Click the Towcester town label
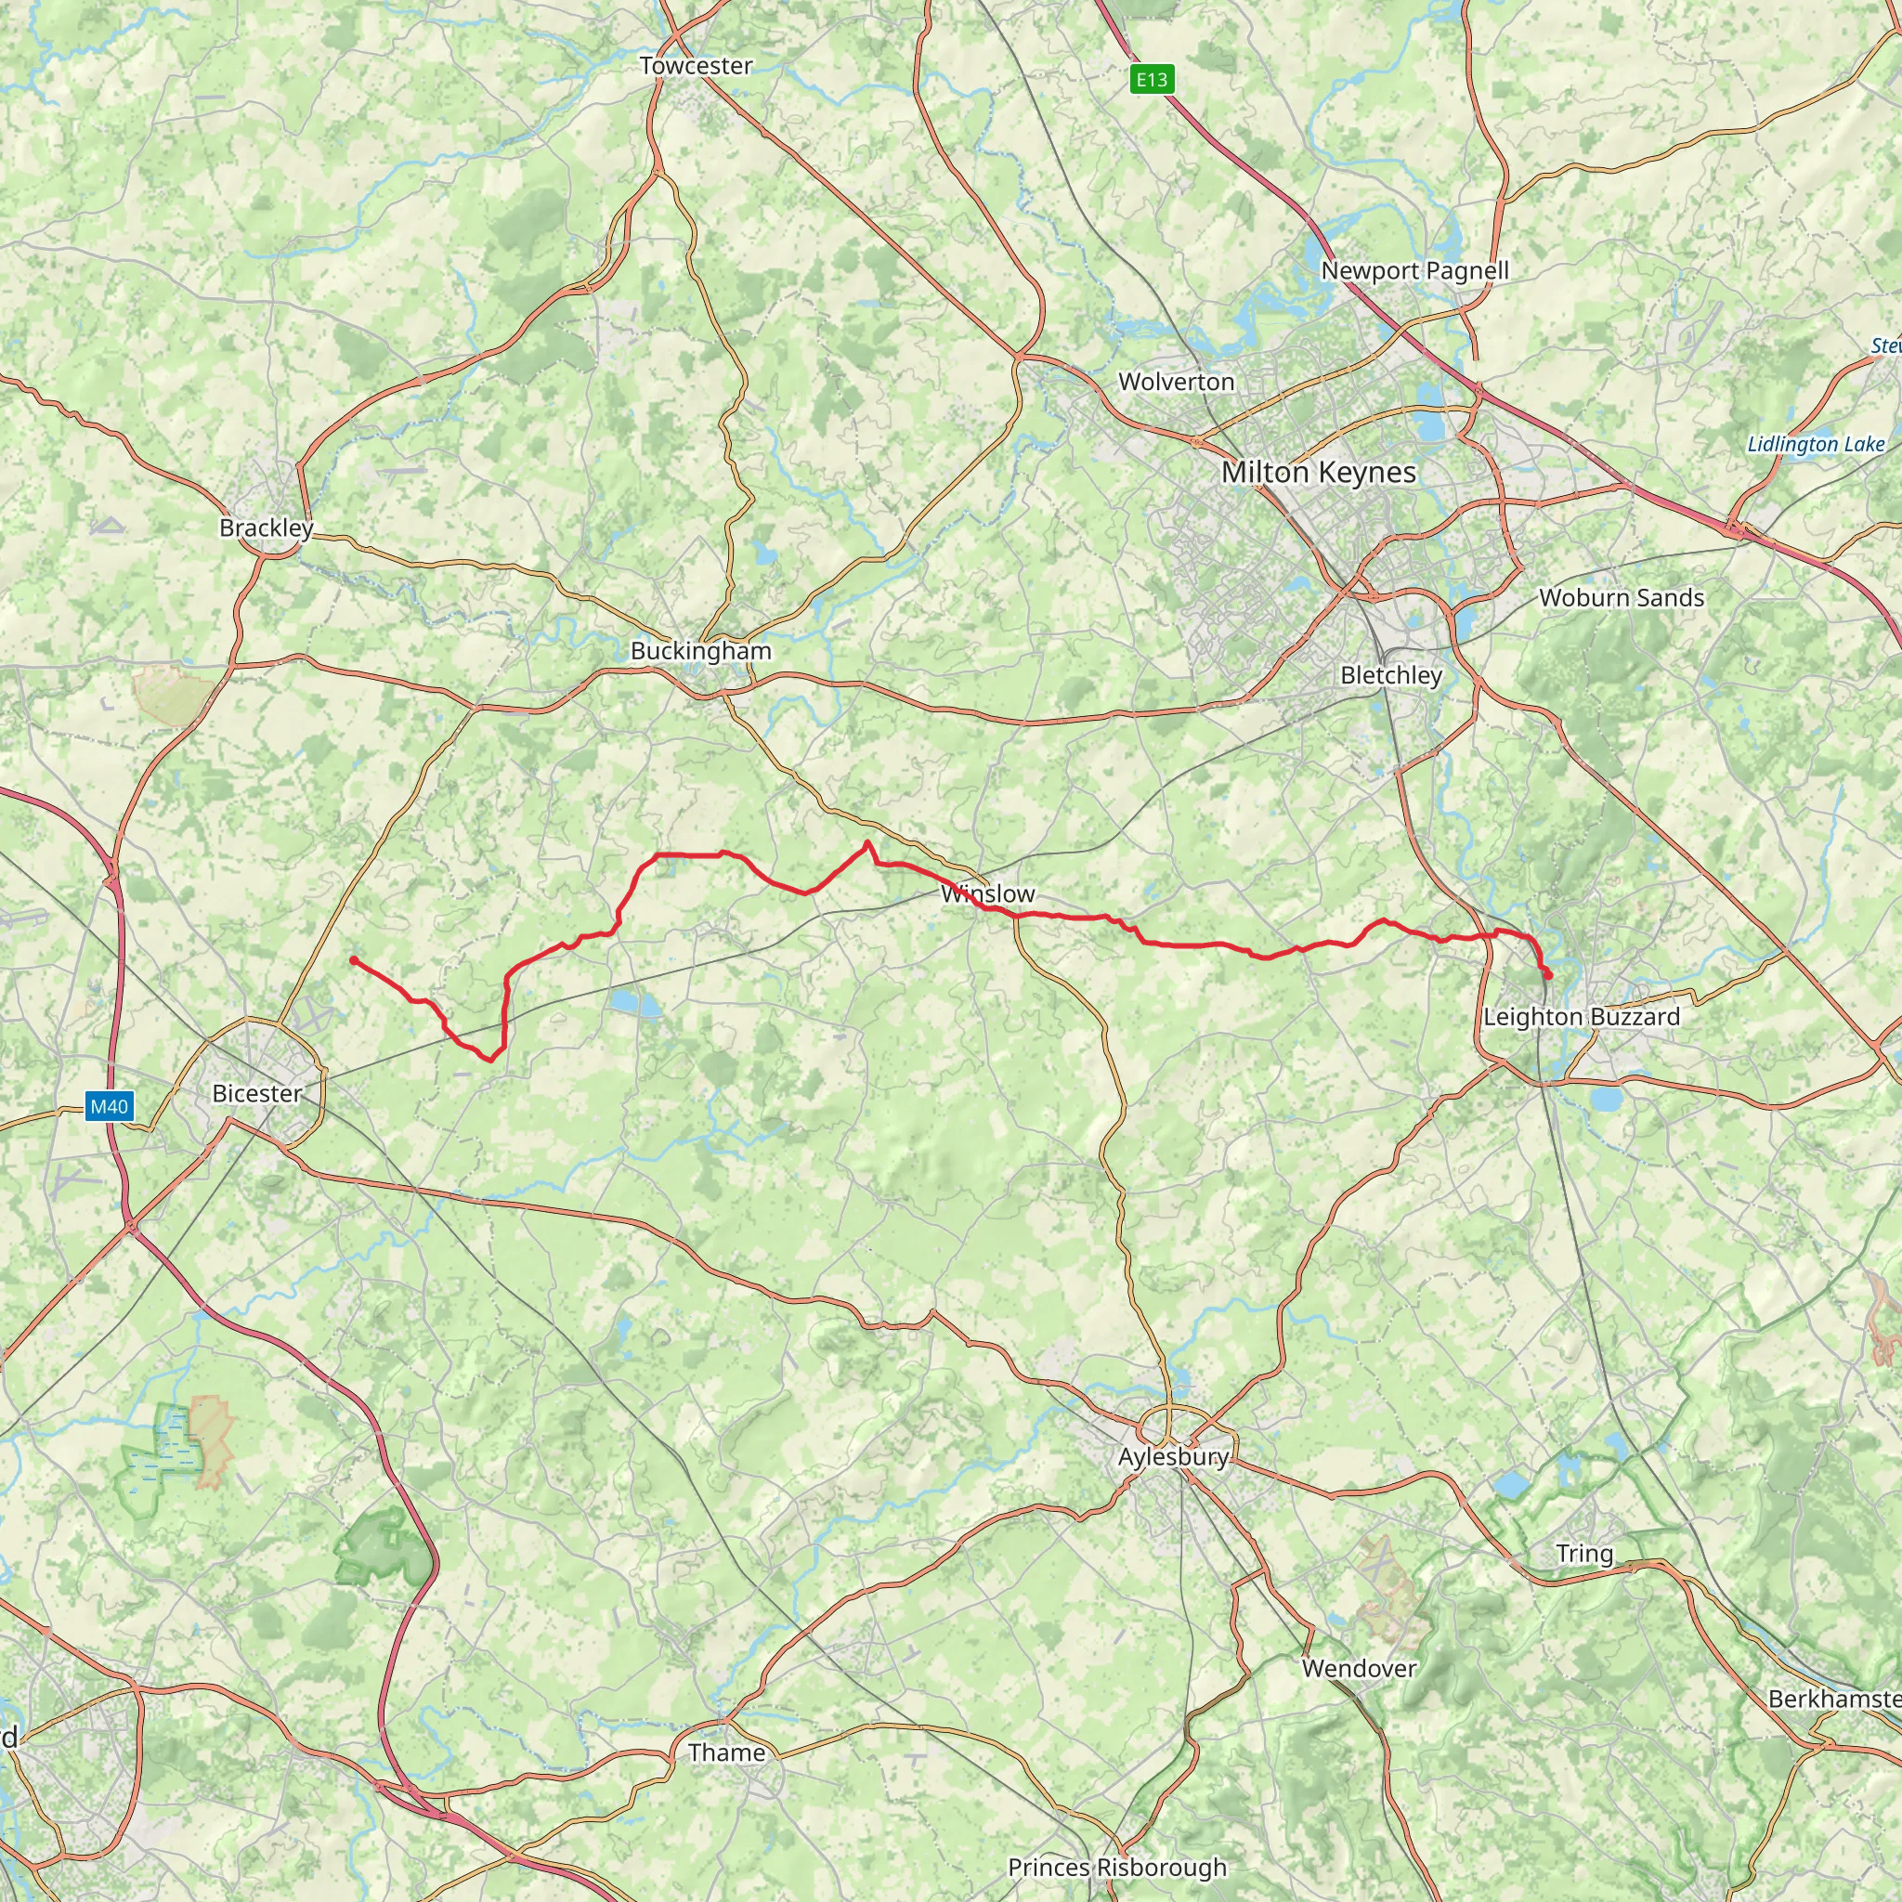click(696, 66)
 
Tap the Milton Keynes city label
click(1318, 473)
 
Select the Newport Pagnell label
click(1414, 271)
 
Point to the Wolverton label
click(1176, 382)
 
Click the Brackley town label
click(266, 528)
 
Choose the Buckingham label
click(701, 651)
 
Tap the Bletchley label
click(1391, 675)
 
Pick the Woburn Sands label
click(1621, 597)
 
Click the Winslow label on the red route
click(987, 894)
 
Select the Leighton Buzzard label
click(1581, 1017)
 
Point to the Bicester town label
click(257, 1093)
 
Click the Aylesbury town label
click(1174, 1457)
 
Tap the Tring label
click(1584, 1554)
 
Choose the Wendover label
click(1359, 1668)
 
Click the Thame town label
click(726, 1752)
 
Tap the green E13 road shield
click(1151, 80)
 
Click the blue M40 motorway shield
click(110, 1106)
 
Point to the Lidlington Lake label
click(1816, 445)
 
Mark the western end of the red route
click(354, 960)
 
